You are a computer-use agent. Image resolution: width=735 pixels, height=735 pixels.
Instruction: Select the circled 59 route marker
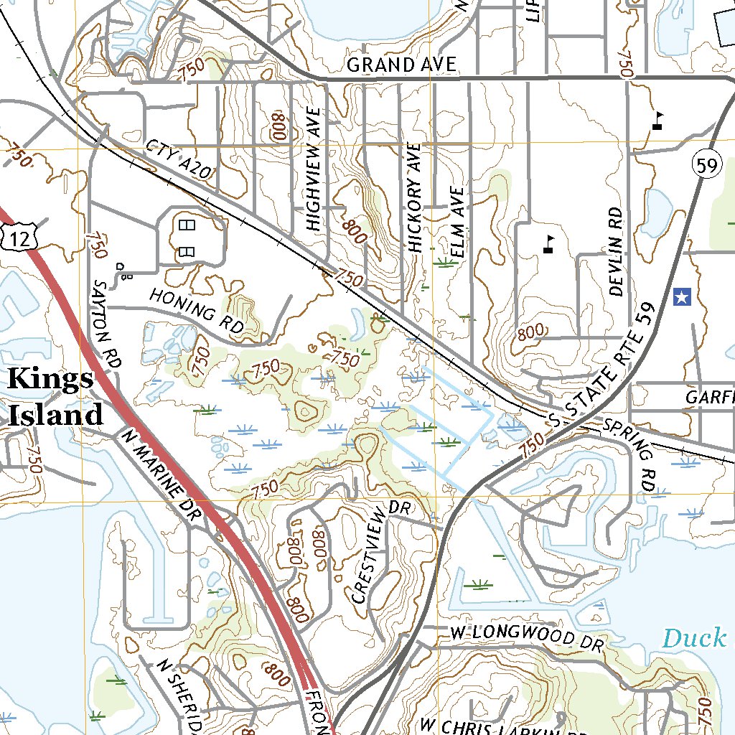[706, 166]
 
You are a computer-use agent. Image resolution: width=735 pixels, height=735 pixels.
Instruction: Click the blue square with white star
[682, 296]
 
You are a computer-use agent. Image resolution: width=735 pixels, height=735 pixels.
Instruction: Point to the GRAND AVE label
[401, 65]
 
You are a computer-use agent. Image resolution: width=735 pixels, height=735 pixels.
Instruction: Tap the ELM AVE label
[457, 223]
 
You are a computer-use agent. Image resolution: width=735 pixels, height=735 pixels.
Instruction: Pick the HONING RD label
[197, 310]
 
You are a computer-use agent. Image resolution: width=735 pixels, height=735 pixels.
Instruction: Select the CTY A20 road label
[179, 160]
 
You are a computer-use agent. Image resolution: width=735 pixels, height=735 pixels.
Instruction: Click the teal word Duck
[694, 637]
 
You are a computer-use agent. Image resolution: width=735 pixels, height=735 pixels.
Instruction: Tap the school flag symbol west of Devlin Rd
[549, 244]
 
